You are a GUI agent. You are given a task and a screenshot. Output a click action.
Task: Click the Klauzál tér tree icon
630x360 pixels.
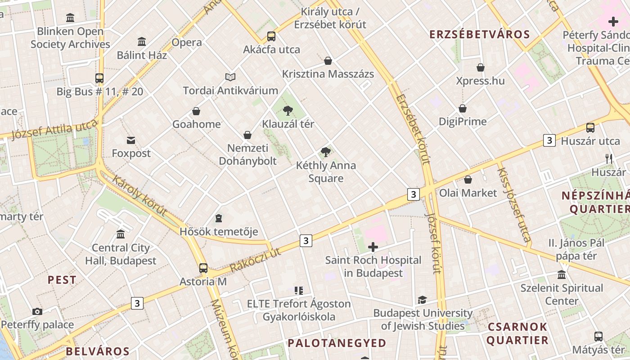click(x=288, y=110)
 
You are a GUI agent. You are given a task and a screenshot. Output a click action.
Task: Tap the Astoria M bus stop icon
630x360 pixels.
click(x=203, y=268)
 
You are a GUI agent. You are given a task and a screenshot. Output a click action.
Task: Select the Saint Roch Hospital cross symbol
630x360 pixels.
click(x=373, y=247)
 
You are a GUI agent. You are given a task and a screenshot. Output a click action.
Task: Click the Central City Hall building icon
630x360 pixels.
click(x=121, y=234)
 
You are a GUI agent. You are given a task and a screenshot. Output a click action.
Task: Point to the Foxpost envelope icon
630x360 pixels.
click(x=131, y=140)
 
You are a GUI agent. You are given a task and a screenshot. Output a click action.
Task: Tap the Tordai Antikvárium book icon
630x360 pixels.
click(x=230, y=77)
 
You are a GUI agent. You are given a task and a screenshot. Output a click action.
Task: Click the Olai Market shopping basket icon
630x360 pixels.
click(x=468, y=180)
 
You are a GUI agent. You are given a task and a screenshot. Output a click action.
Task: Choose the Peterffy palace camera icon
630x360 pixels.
click(x=37, y=311)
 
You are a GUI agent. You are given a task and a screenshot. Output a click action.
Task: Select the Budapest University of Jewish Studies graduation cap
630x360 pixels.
click(x=422, y=300)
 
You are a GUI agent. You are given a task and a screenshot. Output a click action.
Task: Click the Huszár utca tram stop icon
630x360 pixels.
click(x=590, y=128)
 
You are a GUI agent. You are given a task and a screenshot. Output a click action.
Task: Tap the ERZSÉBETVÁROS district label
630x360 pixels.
click(x=480, y=35)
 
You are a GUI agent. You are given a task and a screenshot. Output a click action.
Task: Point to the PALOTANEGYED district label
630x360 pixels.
click(x=337, y=343)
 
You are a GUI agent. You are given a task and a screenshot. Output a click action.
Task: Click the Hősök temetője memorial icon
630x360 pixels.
click(x=219, y=218)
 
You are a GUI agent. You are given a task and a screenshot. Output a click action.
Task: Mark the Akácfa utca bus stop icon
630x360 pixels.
click(x=271, y=36)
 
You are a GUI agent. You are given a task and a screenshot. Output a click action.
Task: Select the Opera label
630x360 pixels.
click(x=187, y=43)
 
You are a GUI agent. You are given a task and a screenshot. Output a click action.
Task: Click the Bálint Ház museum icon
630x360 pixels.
click(x=142, y=42)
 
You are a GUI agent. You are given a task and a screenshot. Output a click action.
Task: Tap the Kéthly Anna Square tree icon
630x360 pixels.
click(x=326, y=152)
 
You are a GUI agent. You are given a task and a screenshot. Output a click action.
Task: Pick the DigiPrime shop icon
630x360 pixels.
click(x=463, y=108)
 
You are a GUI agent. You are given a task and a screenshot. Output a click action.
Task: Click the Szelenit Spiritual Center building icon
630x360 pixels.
click(x=562, y=274)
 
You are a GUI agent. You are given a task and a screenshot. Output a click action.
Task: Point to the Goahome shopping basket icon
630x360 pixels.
click(x=196, y=111)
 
